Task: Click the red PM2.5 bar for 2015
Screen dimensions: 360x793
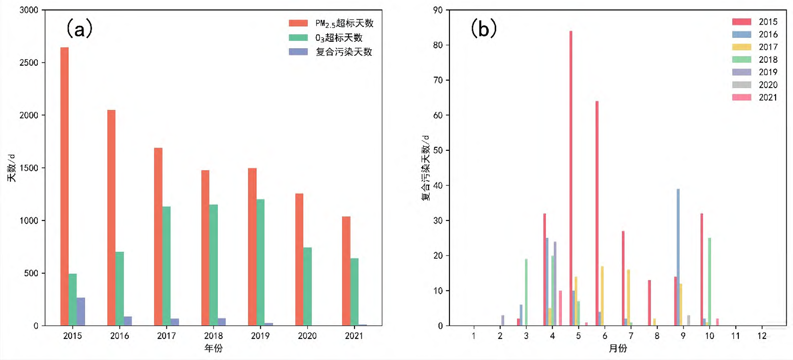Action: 65,186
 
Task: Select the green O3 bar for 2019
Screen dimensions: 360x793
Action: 260,262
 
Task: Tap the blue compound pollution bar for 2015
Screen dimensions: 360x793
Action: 81,312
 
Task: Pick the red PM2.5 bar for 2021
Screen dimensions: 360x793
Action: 346,271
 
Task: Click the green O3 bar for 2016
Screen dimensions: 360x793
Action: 119,289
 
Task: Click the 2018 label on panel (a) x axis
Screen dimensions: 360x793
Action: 214,336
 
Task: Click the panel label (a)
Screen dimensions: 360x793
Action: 80,29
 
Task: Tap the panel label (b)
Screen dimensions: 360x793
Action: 483,29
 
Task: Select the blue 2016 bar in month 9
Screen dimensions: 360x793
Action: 678,257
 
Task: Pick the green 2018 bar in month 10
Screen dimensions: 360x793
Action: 709,282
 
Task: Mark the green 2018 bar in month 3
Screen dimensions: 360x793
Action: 526,292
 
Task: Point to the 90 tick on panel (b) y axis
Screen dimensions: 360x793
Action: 438,10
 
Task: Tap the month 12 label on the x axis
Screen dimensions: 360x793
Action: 762,336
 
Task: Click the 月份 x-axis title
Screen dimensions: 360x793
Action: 618,349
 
